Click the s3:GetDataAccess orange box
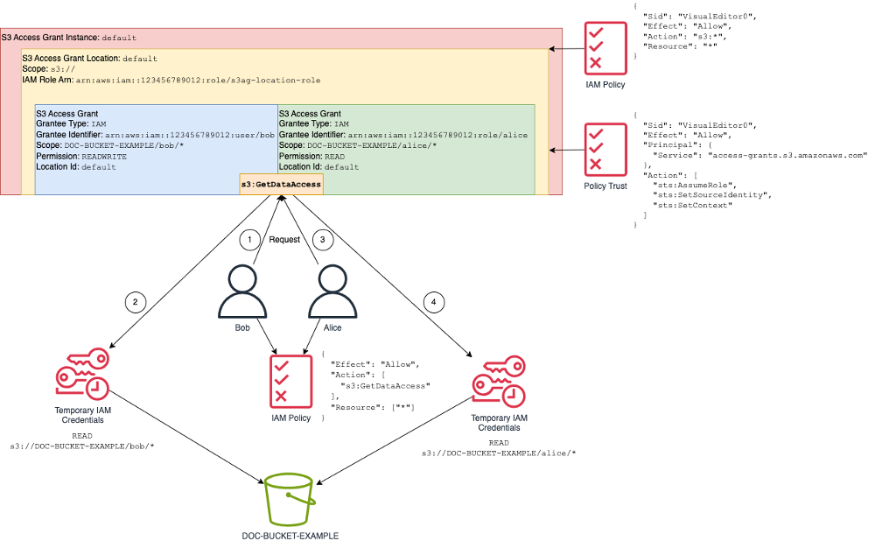click(x=281, y=184)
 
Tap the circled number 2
click(x=135, y=302)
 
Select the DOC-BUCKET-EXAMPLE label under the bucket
click(x=290, y=535)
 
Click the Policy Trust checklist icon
click(x=605, y=148)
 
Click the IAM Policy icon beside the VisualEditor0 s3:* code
click(x=606, y=45)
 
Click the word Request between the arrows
click(x=285, y=239)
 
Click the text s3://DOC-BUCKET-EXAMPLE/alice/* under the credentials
click(x=499, y=453)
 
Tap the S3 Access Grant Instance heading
click(x=51, y=39)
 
